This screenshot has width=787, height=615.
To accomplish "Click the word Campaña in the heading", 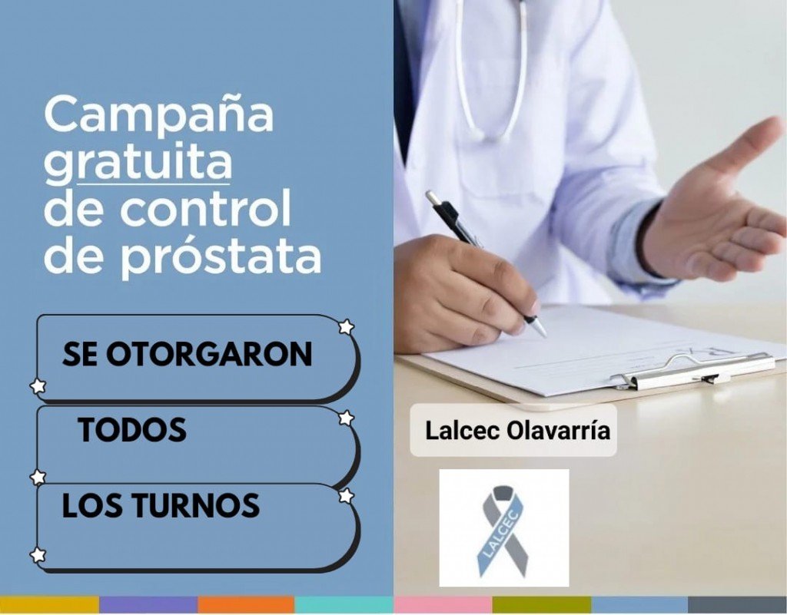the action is (159, 114).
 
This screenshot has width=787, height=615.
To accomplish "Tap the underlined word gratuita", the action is (138, 162).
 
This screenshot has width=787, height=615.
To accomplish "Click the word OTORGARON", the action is (209, 354).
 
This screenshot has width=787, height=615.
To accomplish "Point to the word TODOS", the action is (132, 429).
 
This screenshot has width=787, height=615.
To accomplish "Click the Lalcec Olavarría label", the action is (517, 431).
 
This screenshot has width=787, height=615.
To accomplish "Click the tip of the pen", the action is (544, 336).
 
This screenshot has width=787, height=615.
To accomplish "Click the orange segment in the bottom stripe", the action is (246, 604).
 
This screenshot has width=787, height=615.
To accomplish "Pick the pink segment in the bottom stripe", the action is (443, 604).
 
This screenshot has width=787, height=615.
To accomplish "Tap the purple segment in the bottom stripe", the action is (148, 604).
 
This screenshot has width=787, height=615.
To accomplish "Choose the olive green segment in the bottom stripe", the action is (542, 604).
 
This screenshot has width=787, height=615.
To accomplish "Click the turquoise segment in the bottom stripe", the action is (344, 604).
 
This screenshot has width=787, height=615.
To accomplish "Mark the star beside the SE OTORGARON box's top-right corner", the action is (346, 327).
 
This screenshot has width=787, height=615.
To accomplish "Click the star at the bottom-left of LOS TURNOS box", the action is (38, 555).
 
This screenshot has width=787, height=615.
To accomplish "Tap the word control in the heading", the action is (205, 209).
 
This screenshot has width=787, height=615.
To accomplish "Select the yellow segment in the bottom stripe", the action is (50, 604).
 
